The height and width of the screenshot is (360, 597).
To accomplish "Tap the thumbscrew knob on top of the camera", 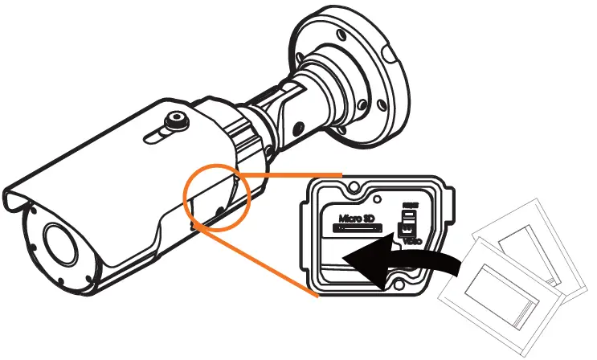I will (x=171, y=122).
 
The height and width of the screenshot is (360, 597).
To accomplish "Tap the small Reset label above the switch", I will (x=409, y=206).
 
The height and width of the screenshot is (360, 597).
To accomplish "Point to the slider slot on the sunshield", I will (x=157, y=133).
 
